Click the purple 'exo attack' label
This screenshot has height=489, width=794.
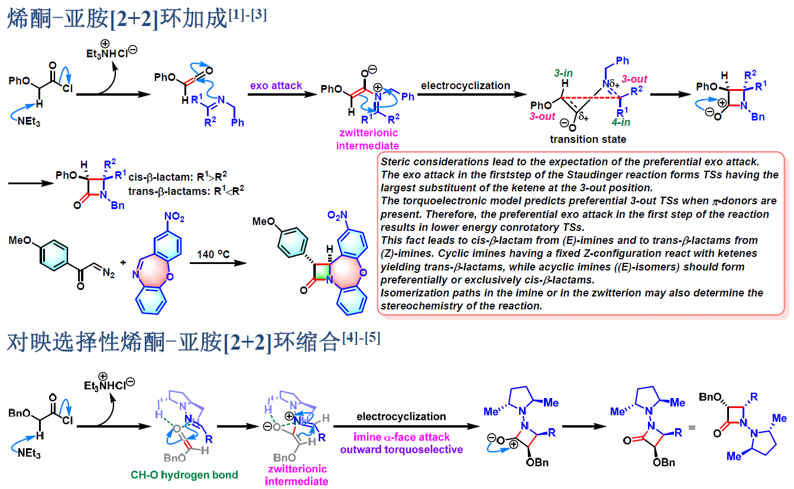coord(276,86)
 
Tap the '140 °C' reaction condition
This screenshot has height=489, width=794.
coord(213,254)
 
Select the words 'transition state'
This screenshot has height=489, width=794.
coord(588,139)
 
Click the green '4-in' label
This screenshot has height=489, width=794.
coord(621,122)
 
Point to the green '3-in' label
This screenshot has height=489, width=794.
coord(563,73)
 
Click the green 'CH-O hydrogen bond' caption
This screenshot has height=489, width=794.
coord(184,475)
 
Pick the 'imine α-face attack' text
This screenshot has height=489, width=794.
coord(401,437)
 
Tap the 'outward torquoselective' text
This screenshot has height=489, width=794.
coord(401,449)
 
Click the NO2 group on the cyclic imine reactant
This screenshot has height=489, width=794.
coord(174,217)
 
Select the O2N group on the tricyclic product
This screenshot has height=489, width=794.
coord(337,215)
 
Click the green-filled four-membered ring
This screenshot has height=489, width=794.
coord(322,272)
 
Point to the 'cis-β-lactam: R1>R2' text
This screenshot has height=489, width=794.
coord(177,177)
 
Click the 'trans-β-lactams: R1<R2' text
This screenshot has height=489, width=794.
coord(186,191)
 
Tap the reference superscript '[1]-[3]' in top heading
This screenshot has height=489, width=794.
coord(248,15)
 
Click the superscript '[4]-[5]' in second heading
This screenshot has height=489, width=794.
coord(361,338)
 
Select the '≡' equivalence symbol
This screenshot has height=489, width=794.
coord(692,428)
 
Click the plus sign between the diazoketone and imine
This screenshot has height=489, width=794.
coord(123,262)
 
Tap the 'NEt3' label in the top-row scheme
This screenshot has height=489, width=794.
coord(29,122)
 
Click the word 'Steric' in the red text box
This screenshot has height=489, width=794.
coord(396,162)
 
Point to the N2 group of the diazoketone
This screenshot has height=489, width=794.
coord(108,273)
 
